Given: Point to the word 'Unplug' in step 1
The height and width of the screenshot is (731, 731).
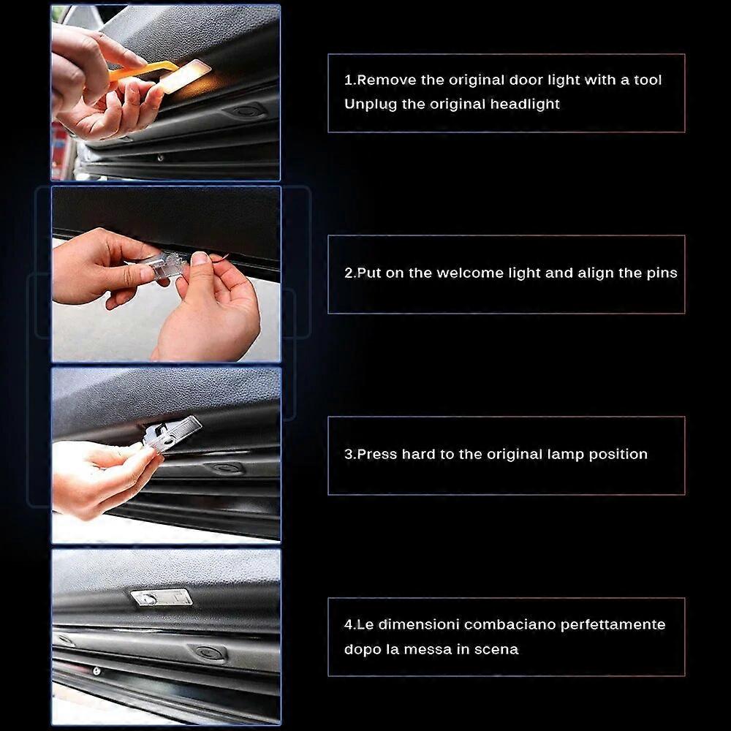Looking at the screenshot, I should (371, 104).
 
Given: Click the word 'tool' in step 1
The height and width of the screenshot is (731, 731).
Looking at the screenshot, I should (647, 80).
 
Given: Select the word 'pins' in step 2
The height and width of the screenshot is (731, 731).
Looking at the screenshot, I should (661, 273).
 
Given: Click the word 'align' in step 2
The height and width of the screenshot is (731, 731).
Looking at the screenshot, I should (597, 273).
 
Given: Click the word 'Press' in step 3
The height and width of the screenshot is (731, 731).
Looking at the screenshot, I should (376, 454).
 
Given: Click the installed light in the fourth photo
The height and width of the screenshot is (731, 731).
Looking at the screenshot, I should (162, 596).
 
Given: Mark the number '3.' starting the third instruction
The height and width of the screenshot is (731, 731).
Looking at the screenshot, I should (349, 454).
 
